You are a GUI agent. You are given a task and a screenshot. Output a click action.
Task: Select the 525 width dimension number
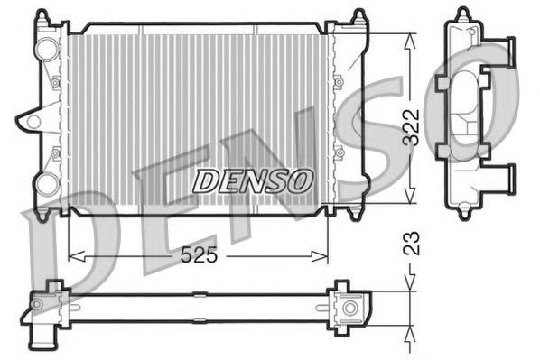pos(199,255)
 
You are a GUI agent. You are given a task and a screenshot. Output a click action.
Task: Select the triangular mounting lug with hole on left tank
pos(33,118)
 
